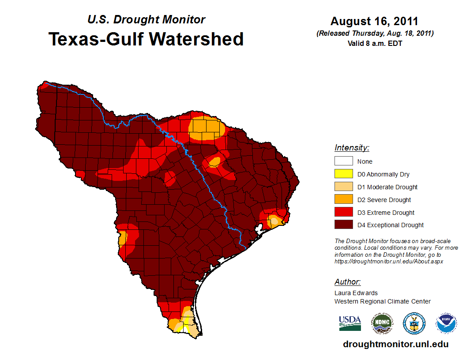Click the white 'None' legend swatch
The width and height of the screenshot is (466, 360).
point(343,161)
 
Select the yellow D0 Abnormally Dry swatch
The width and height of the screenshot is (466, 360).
point(343,174)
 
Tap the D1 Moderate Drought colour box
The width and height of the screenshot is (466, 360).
point(343,187)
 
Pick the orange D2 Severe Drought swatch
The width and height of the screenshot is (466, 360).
point(343,200)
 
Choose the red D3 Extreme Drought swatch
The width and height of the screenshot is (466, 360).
point(343,213)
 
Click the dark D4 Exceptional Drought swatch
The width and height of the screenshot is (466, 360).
point(343,225)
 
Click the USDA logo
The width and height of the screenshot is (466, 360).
point(350,323)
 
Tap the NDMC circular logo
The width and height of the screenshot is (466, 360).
point(382,323)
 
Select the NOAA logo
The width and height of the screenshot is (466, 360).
point(446,323)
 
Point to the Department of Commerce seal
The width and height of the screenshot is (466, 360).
point(414,323)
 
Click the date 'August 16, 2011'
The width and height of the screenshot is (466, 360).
point(374,21)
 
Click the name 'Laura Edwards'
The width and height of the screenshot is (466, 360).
point(356,293)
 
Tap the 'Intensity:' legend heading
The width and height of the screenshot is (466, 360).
point(352,148)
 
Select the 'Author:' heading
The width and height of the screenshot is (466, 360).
point(347,282)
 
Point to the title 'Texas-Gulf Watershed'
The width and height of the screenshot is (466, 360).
point(146,39)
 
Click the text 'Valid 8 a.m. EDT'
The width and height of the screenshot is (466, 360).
point(375,43)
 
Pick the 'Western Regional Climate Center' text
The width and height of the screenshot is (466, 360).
point(383,301)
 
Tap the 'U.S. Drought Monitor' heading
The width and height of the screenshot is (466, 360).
point(146,20)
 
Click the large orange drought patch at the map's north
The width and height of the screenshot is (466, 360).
point(206,128)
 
